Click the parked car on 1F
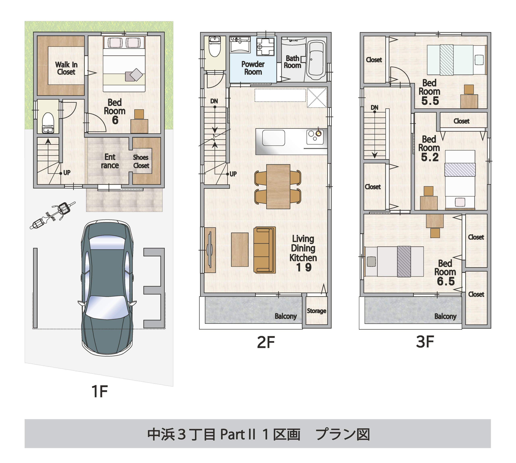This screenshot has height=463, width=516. coord(107,287)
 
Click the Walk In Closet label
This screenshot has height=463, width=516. coord(66,68)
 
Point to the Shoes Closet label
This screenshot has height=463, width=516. coord(141,161)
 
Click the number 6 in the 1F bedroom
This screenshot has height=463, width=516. coord(115,120)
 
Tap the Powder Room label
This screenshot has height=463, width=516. coord(253,68)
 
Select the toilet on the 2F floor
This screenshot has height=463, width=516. coord(215,47)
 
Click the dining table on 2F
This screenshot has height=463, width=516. coord(278,186)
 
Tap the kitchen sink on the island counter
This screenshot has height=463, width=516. coord(273,138)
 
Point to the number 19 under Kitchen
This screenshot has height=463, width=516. coord(304,267)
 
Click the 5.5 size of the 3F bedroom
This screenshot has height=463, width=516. coord(430,101)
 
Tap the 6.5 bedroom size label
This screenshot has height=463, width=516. coord(446,281)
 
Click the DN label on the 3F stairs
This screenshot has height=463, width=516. coord(374,107)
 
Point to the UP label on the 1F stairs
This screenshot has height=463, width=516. coord(67,173)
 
